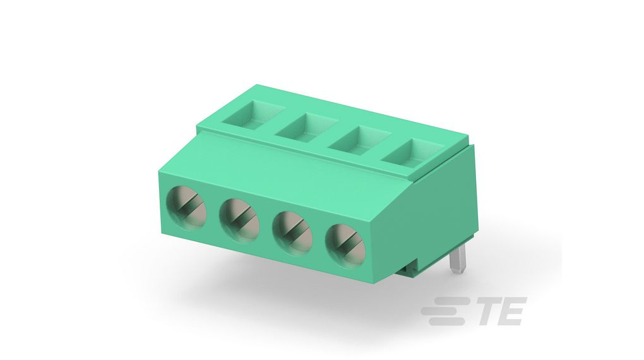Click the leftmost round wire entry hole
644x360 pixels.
tap(186, 205)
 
